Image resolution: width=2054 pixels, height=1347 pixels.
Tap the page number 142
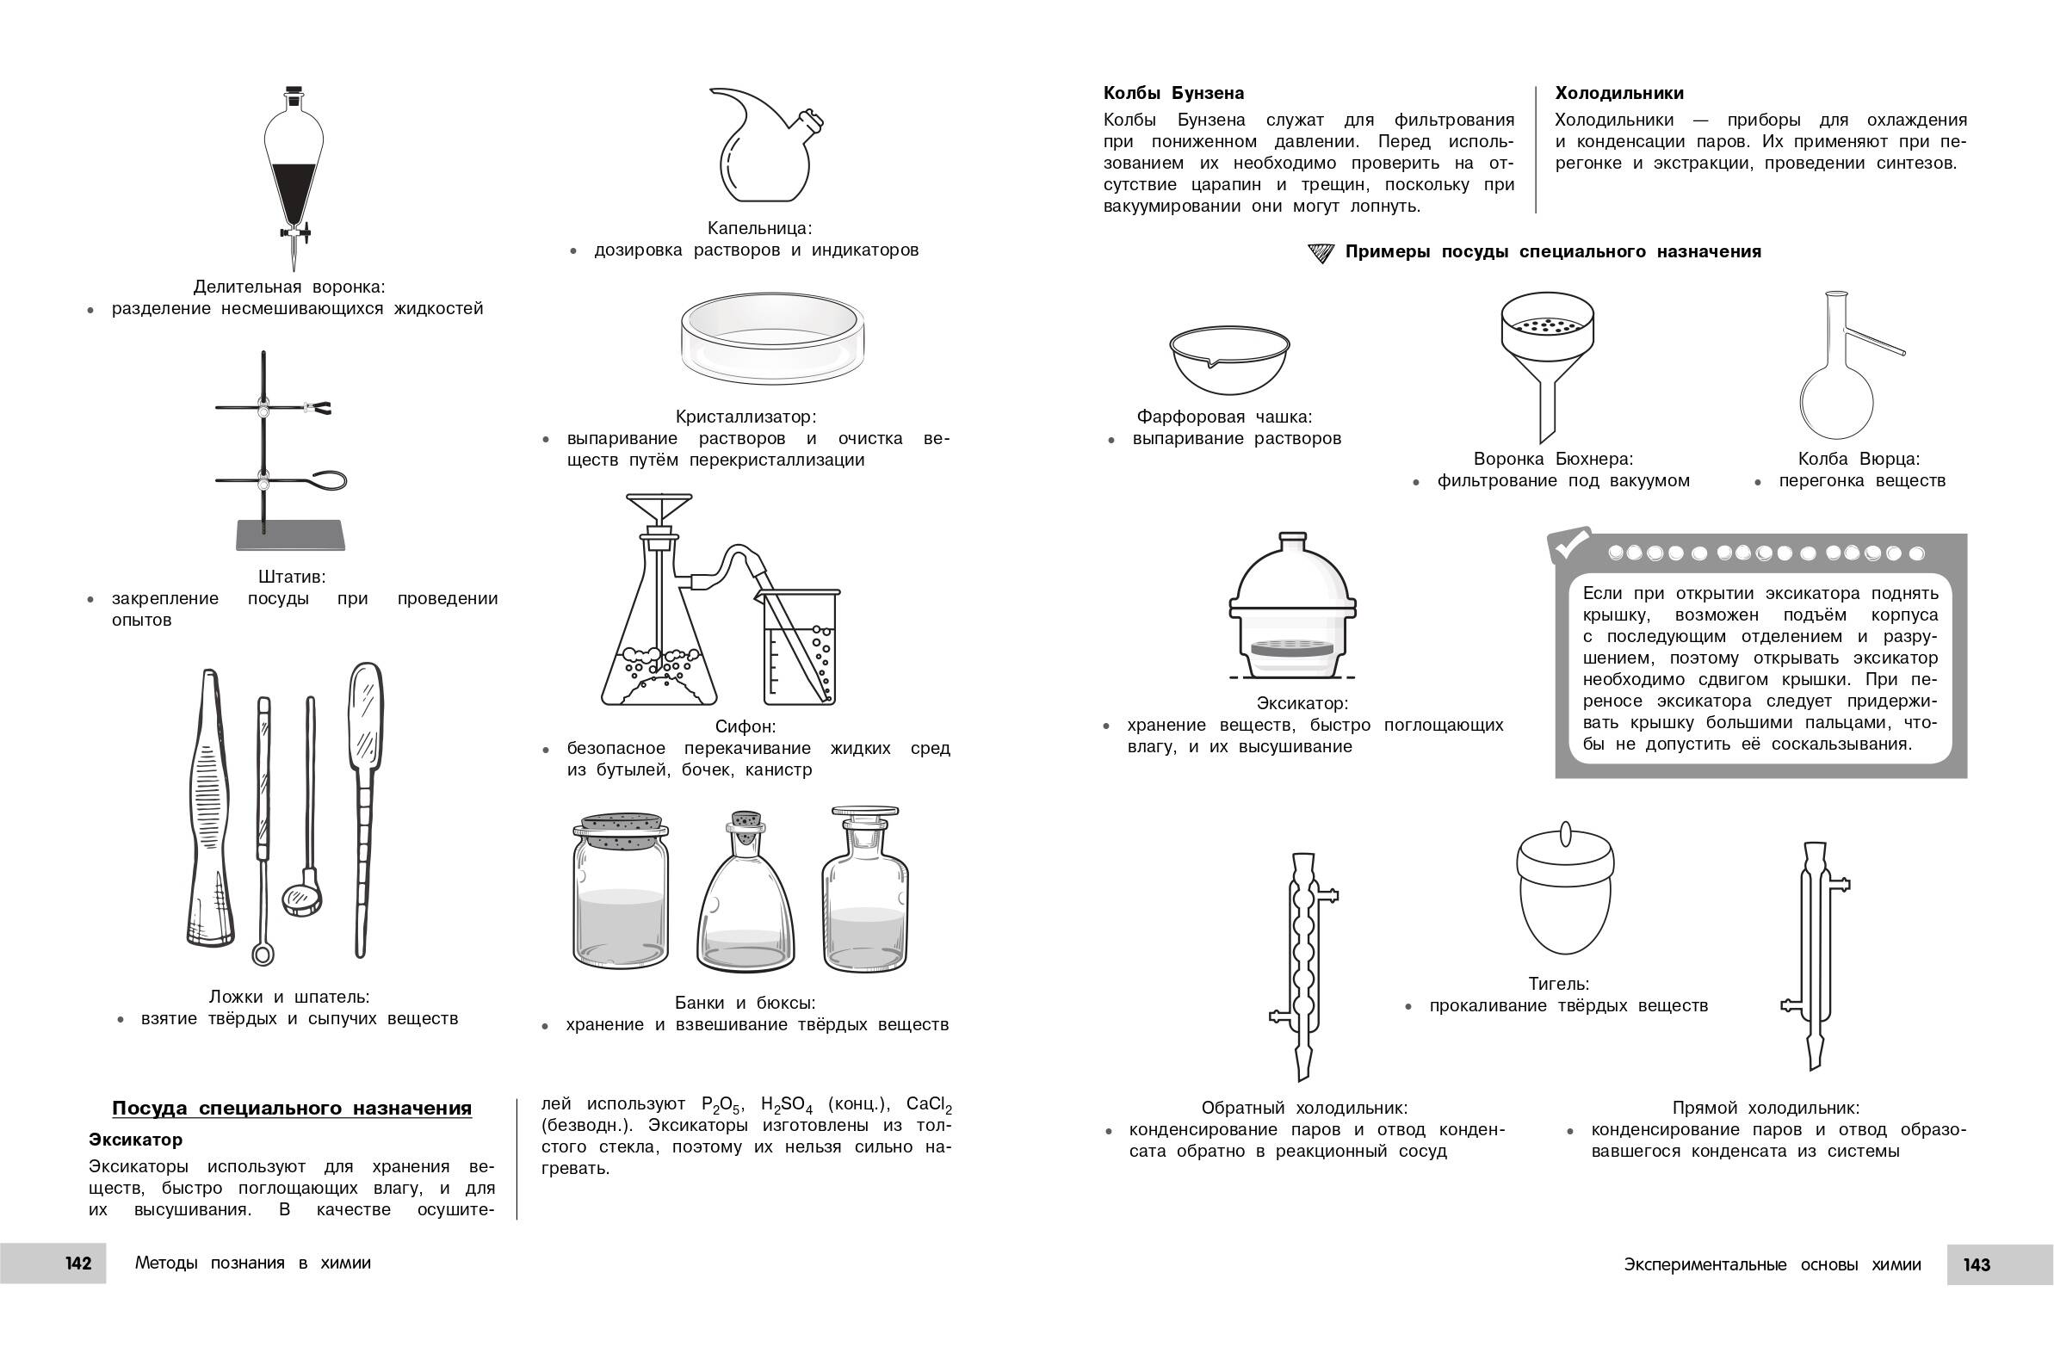[x=77, y=1264]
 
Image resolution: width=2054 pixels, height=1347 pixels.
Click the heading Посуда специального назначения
[x=292, y=1108]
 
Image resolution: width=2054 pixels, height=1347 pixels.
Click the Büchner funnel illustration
[x=1548, y=354]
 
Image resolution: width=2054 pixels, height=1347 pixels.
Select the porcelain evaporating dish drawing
[x=1229, y=359]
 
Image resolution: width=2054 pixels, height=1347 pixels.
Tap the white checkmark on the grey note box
[x=1570, y=545]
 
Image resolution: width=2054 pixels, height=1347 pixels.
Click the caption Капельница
[x=759, y=229]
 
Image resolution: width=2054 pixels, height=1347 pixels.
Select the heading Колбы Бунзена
[x=1173, y=93]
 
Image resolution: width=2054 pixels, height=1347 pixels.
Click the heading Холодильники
[x=1619, y=93]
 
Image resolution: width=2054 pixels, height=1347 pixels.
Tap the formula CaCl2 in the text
[x=929, y=1105]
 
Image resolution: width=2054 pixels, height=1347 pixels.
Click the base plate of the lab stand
[x=291, y=535]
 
